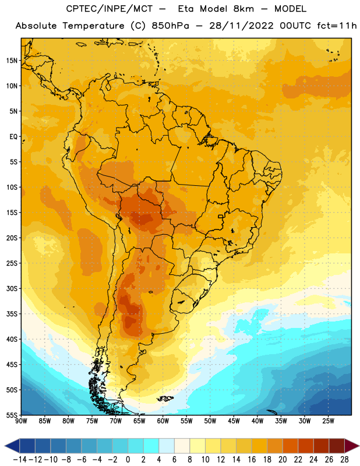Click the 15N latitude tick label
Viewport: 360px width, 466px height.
click(x=12, y=61)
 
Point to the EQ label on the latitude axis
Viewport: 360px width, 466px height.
click(x=13, y=137)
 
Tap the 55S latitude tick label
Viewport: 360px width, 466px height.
click(x=12, y=415)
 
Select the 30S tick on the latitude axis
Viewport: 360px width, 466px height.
click(x=12, y=288)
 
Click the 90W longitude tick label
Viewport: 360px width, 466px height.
click(x=21, y=421)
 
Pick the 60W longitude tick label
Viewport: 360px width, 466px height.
click(x=163, y=421)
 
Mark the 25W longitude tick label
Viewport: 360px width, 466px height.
click(x=328, y=421)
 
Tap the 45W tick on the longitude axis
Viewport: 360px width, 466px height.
click(x=234, y=421)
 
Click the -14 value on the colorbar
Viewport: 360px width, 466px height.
click(x=20, y=460)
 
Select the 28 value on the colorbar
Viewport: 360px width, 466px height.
click(x=344, y=460)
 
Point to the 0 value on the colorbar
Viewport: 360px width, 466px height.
click(x=128, y=460)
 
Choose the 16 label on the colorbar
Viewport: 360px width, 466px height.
click(x=252, y=460)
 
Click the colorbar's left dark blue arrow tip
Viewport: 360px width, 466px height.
click(x=5, y=446)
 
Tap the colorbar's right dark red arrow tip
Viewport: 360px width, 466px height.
click(x=359, y=446)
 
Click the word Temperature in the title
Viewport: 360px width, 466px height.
click(x=93, y=26)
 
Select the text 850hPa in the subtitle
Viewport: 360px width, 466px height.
click(x=170, y=26)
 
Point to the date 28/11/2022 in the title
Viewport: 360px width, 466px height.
click(x=241, y=26)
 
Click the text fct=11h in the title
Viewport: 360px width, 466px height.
click(x=337, y=26)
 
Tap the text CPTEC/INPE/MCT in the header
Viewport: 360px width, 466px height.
click(x=110, y=9)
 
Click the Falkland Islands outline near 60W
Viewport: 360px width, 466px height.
click(x=165, y=398)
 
